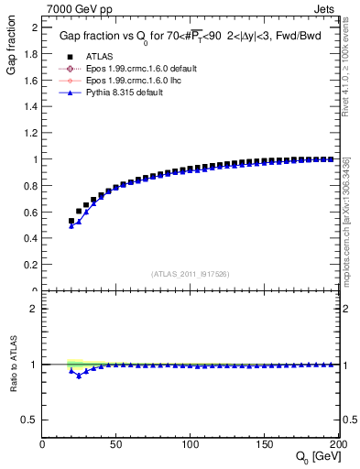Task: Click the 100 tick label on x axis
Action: pos(191,444)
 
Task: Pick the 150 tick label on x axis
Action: pos(265,444)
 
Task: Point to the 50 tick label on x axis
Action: pos(116,444)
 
